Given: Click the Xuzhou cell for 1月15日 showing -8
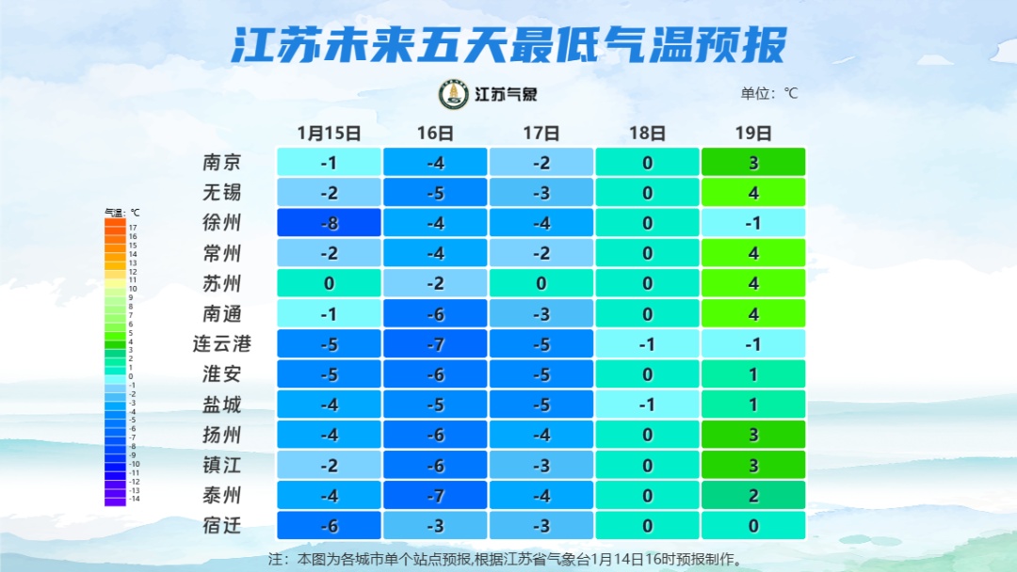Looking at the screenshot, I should tap(329, 223).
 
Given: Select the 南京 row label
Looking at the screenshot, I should tap(221, 162).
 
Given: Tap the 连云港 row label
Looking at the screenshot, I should tap(222, 344).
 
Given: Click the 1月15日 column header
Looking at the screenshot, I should tap(329, 133).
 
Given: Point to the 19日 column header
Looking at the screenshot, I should tap(754, 133).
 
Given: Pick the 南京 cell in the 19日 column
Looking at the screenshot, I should tap(753, 163).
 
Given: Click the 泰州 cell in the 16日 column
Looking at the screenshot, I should tap(435, 496).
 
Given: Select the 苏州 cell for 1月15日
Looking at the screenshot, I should tap(329, 283).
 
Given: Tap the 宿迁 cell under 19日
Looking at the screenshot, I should tap(753, 526).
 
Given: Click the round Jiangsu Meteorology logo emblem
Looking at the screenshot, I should tap(454, 94).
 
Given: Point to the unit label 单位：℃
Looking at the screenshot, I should tap(768, 93).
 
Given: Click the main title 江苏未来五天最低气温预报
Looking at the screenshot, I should tap(508, 44).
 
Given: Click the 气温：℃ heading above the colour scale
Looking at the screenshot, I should tap(121, 213).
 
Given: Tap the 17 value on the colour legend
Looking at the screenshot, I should tap(133, 228).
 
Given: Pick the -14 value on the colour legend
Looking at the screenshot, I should tap(133, 500).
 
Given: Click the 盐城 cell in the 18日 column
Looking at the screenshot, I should tap(647, 405).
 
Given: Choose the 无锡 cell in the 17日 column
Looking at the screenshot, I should tap(541, 193).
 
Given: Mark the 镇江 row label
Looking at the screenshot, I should tap(221, 465).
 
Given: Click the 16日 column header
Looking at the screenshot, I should tap(435, 133).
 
